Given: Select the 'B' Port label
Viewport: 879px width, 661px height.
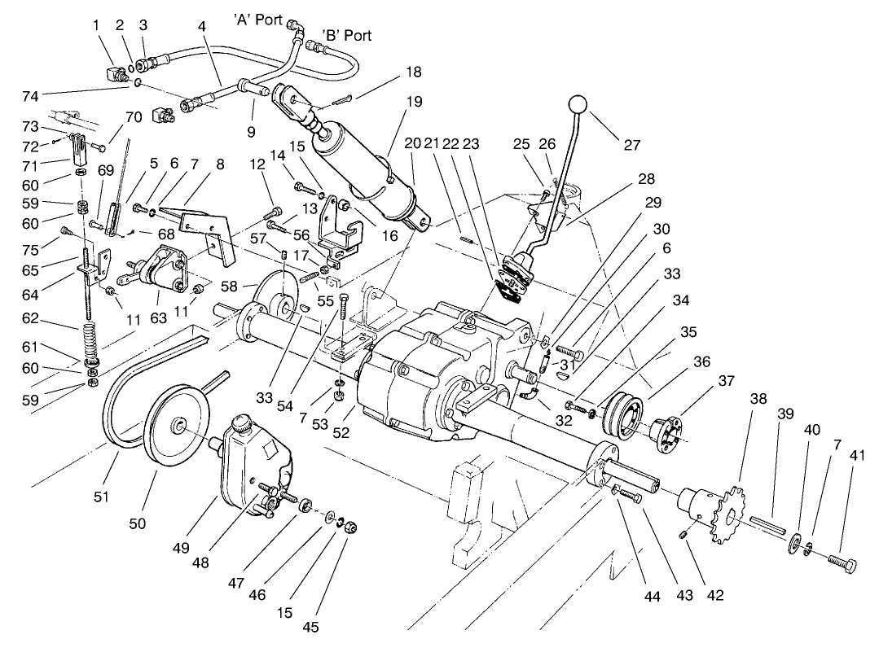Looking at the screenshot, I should coord(347,35).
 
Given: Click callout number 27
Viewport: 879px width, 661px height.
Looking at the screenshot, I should coord(631,146).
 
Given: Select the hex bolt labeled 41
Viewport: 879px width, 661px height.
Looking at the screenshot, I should coord(840,562).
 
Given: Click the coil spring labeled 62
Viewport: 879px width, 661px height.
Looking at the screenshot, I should coord(90,336).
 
